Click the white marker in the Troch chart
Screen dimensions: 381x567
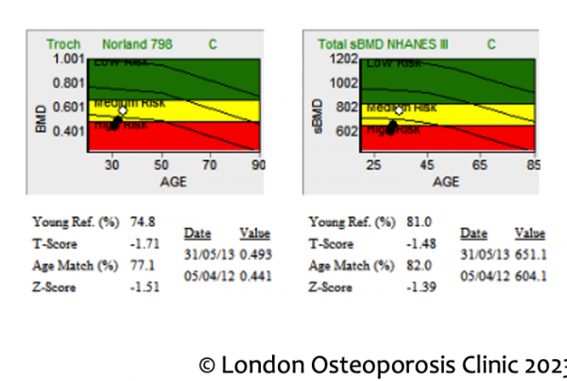coord(123,111)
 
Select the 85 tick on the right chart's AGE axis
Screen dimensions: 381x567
coord(533,165)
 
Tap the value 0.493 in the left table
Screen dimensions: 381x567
coord(253,252)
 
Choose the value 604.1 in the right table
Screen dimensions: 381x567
coord(529,273)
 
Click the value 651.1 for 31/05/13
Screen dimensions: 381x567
coord(529,252)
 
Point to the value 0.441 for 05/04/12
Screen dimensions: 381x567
coord(253,273)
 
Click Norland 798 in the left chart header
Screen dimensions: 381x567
coord(153,43)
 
